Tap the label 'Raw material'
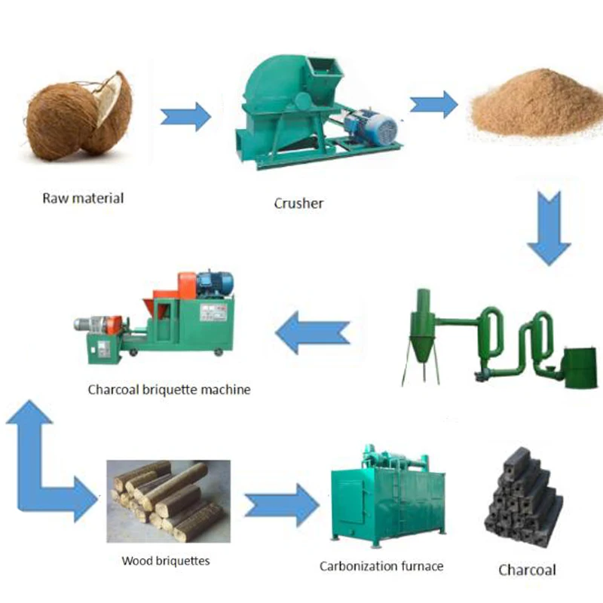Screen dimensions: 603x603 coord(82,199)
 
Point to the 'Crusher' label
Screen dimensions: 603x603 coord(299,204)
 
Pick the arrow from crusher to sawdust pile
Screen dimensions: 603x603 coord(433,103)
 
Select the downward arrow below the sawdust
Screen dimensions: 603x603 coord(549,226)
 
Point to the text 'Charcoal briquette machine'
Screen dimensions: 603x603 coord(169,390)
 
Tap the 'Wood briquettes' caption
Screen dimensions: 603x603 coord(166,561)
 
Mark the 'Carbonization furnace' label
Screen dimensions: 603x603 coord(381,565)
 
